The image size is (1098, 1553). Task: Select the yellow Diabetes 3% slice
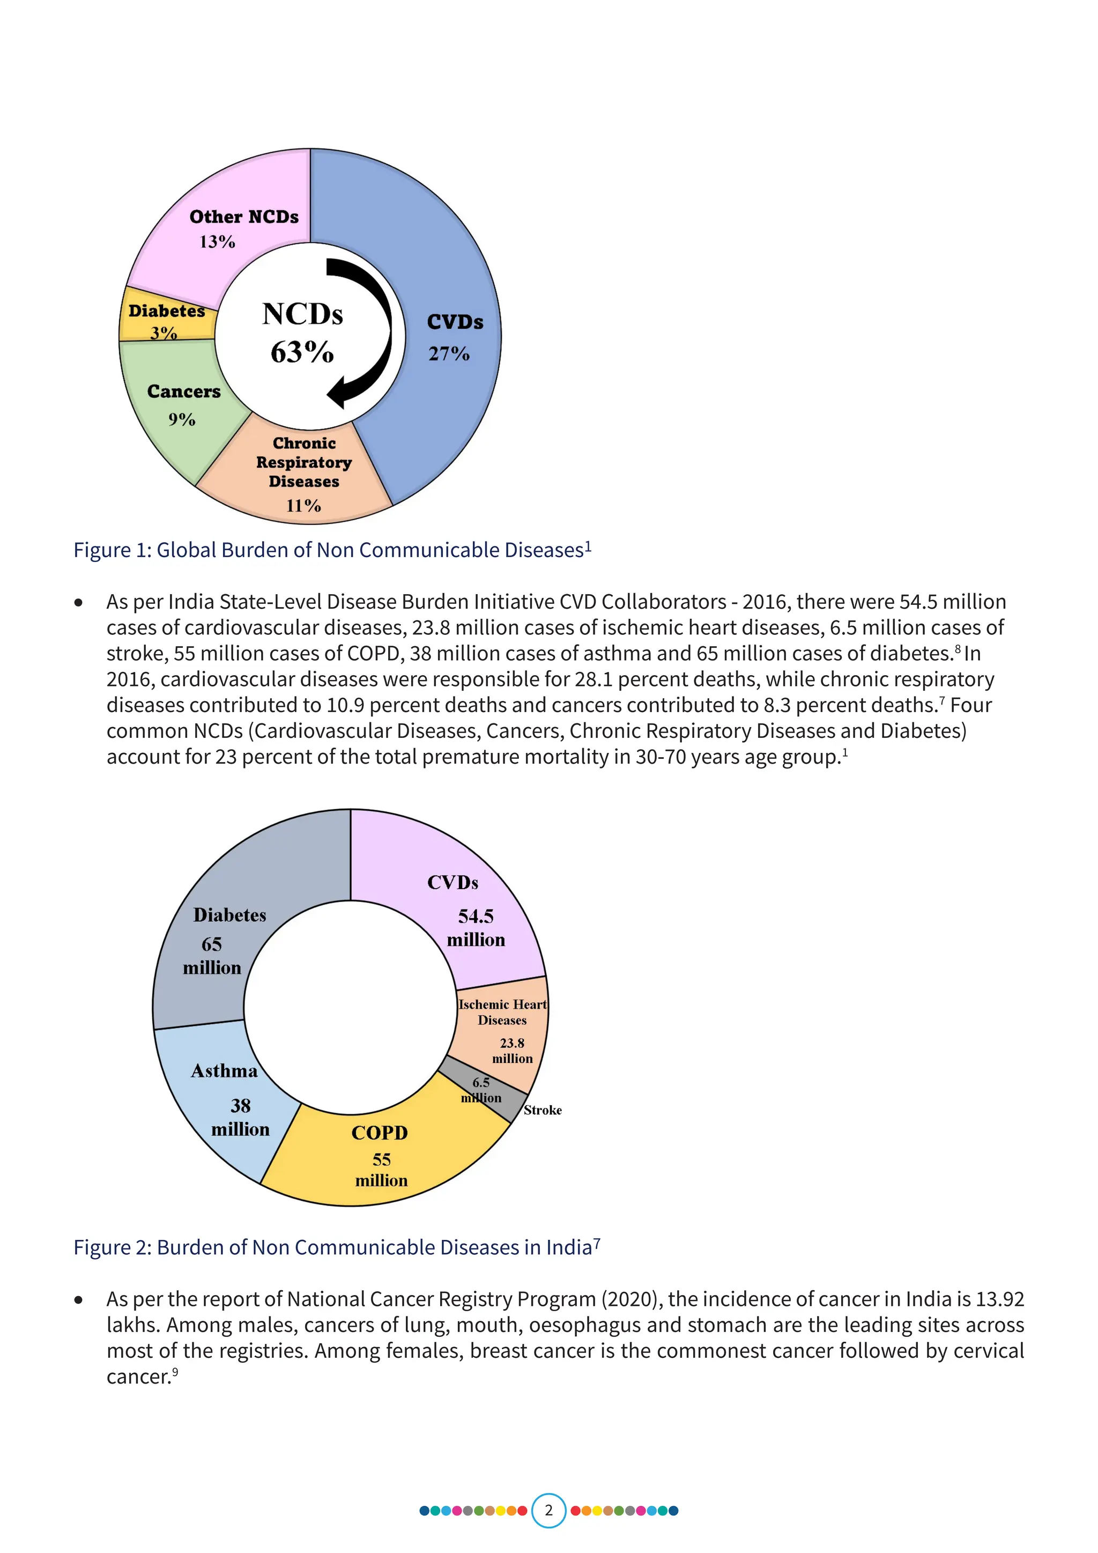166,322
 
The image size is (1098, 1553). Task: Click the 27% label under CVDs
449,354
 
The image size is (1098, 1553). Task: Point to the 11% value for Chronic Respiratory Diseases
303,506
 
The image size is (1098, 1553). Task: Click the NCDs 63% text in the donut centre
302,333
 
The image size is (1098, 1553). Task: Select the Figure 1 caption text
332,550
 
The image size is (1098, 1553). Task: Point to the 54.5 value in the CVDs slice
476,916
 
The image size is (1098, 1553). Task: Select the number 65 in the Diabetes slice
212,944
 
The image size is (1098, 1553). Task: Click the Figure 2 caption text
336,1247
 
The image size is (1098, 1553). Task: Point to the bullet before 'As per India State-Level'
79,603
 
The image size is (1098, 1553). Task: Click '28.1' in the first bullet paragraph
593,679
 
